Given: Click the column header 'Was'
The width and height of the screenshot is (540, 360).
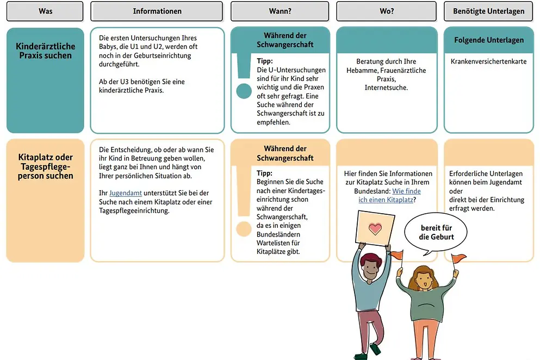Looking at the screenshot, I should point(45,11).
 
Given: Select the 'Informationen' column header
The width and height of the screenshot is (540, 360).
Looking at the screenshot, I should point(157,11).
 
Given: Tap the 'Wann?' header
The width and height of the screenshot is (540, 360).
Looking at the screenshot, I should point(280,11).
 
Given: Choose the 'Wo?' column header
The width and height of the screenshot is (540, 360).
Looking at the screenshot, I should point(387,11).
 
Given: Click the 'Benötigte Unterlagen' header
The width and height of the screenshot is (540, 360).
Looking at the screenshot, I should point(488,11).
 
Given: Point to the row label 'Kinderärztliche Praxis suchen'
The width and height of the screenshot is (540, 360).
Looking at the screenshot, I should point(45,51).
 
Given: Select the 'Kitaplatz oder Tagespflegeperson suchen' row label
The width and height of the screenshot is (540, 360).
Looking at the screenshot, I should point(45,166).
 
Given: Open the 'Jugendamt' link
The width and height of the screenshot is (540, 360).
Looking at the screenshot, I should point(125,193).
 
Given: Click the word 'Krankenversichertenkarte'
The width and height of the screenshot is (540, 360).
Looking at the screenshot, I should point(488,61).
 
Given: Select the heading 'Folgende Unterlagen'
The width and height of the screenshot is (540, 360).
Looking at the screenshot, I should point(488,40).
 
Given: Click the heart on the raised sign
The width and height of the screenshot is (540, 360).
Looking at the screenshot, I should point(375,228).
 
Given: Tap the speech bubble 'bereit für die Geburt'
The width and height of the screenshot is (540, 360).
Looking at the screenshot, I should point(436,232).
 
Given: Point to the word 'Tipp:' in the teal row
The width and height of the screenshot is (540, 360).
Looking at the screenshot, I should point(265,61).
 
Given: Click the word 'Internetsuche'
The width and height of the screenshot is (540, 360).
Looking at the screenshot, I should point(386,88).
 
